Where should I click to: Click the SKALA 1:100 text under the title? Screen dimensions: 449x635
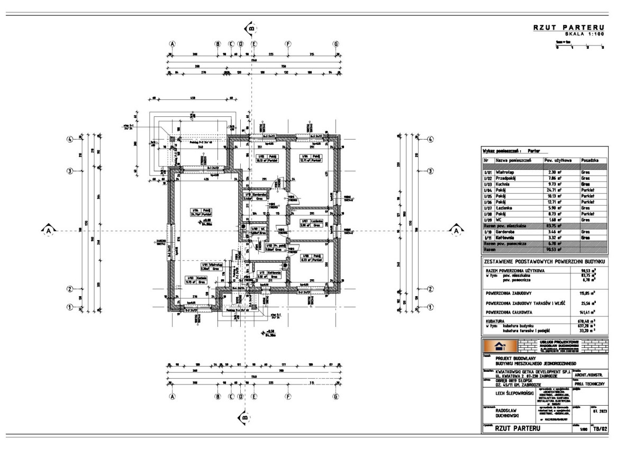pos(580,33)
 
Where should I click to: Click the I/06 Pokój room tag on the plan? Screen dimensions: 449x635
pos(312,159)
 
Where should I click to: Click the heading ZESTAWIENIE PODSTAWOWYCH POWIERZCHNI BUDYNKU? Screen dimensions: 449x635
pos(543,261)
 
